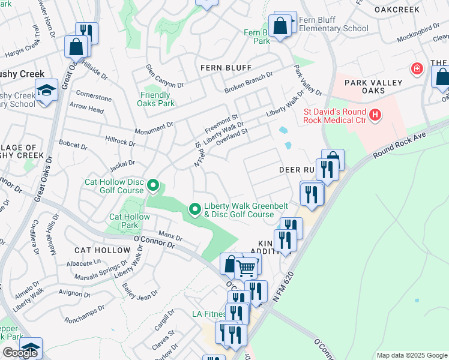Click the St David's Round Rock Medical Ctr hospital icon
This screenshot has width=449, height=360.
click(375, 114)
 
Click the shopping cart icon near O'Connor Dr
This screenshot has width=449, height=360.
click(246, 268)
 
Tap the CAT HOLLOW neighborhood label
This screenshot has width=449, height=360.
click(99, 249)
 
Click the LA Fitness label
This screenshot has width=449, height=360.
click(207, 314)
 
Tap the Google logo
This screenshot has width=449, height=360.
click(20, 353)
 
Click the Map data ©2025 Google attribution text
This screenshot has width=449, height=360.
click(411, 355)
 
